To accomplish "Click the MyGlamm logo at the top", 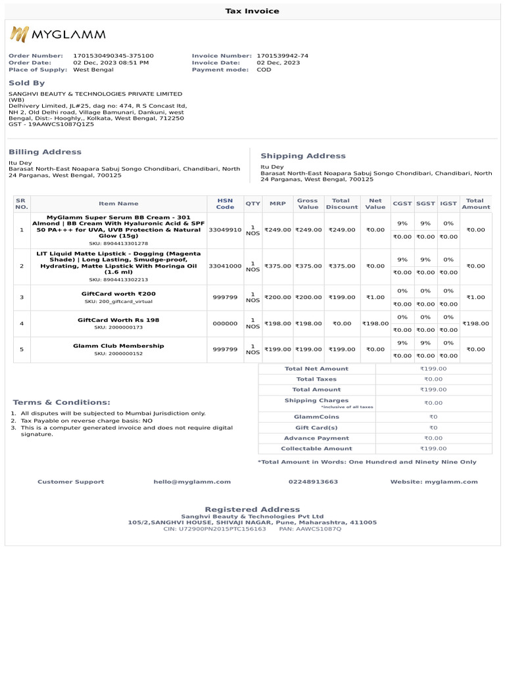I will click(x=57, y=35).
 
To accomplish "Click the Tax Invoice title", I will click(x=252, y=11).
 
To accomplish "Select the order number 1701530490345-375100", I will click(x=113, y=56).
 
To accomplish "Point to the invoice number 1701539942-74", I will click(x=282, y=56).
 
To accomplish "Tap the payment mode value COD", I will click(x=264, y=70).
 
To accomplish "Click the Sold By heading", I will click(x=27, y=83).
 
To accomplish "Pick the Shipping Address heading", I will click(x=302, y=156).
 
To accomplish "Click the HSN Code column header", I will click(x=225, y=204).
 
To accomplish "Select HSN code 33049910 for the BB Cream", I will click(x=225, y=230).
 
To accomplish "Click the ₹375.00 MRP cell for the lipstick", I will click(x=277, y=266).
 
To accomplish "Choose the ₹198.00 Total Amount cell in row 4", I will click(x=475, y=323).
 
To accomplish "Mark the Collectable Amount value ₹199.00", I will click(x=433, y=448).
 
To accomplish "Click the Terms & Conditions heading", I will click(x=62, y=402).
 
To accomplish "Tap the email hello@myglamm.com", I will click(x=192, y=482).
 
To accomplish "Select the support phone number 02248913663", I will click(x=313, y=482).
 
